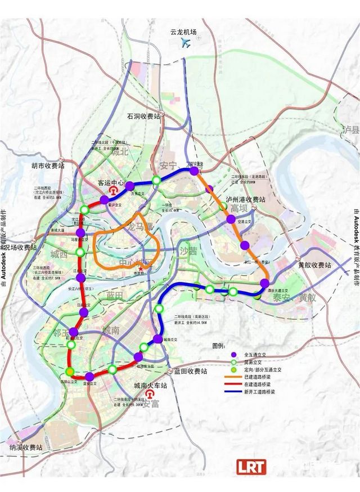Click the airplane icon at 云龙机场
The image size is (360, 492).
coord(184,44)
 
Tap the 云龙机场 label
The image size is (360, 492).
coord(184,32)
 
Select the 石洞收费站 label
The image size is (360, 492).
coord(144,116)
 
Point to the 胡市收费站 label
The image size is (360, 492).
coord(48,166)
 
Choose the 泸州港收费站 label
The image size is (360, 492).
coord(245,199)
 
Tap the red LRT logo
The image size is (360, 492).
coord(251,467)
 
